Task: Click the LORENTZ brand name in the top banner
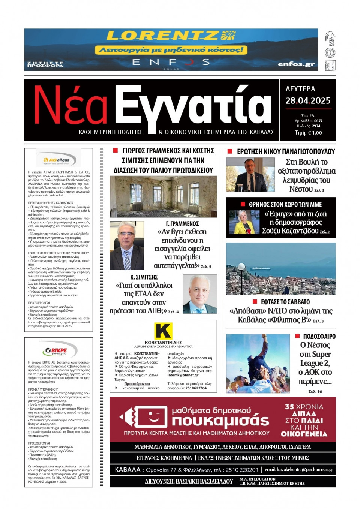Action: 163,36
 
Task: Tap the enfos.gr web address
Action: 296,64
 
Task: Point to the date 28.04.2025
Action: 308,101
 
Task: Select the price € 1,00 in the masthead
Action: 313,133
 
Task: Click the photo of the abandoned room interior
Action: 163,197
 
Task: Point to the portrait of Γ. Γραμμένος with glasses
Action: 126,246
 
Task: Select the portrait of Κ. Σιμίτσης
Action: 199,294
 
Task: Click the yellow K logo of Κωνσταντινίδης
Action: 163,331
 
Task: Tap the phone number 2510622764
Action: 196,388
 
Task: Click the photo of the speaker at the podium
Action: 250,175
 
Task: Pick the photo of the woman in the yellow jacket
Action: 244,222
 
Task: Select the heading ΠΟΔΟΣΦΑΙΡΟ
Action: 319,337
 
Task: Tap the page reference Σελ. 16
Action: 315,391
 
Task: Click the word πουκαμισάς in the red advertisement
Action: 220,421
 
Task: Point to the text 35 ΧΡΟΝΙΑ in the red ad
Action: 304,407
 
